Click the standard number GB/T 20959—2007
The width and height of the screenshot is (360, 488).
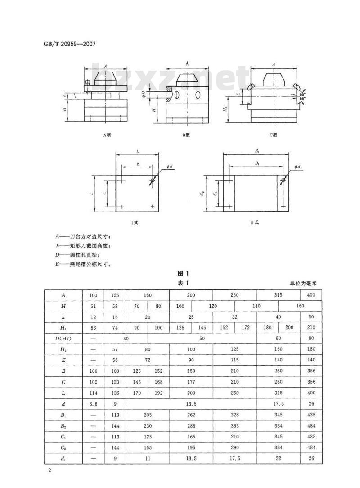pyautogui.click(x=69, y=44)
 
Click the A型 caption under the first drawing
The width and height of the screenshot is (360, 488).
pyautogui.click(x=107, y=135)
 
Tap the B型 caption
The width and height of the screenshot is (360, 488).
pyautogui.click(x=186, y=135)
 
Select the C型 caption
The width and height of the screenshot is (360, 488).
pyautogui.click(x=273, y=135)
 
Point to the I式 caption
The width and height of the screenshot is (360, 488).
pyautogui.click(x=135, y=222)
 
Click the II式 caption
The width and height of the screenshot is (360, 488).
pyautogui.click(x=254, y=222)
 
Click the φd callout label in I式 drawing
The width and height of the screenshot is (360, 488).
pyautogui.click(x=169, y=167)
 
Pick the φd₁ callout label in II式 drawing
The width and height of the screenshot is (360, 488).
pyautogui.click(x=298, y=167)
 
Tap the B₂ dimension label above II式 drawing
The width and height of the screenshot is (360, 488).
pyautogui.click(x=257, y=151)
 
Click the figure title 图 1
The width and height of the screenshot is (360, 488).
pyautogui.click(x=183, y=273)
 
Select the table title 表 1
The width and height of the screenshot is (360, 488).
pyautogui.click(x=183, y=283)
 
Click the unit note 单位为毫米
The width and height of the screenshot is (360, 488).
pyautogui.click(x=303, y=283)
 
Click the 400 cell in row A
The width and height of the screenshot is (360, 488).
pyautogui.click(x=311, y=295)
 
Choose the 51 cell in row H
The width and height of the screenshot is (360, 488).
pyautogui.click(x=93, y=306)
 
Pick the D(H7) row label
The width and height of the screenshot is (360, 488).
pyautogui.click(x=63, y=339)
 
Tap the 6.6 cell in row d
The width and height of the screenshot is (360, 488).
pyautogui.click(x=93, y=404)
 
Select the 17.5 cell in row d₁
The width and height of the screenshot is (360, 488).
pyautogui.click(x=234, y=458)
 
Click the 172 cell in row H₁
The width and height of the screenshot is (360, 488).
pyautogui.click(x=246, y=327)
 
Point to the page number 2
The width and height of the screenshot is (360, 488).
pyautogui.click(x=49, y=470)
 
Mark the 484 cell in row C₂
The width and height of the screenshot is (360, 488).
pyautogui.click(x=311, y=447)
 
